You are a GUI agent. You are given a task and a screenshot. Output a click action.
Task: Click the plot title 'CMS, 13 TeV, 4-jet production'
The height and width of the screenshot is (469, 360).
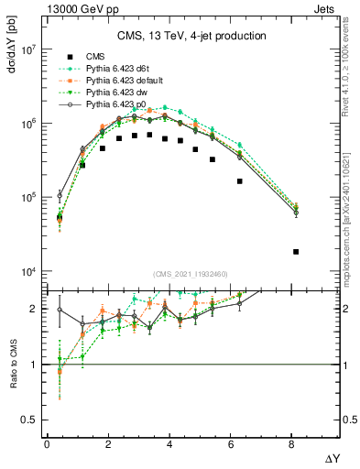tap(191, 36)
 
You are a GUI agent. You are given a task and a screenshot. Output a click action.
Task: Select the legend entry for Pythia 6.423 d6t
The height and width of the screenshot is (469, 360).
tap(118, 69)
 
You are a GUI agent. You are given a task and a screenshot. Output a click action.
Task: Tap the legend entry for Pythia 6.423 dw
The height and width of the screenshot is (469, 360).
tap(116, 93)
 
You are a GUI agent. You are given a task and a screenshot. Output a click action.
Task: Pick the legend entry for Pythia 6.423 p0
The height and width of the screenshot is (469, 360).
tap(116, 104)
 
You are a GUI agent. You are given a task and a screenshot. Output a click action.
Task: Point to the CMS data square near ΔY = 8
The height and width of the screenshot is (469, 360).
tap(296, 252)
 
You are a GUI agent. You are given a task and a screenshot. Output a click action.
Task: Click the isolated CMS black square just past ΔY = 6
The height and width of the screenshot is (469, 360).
tap(240, 181)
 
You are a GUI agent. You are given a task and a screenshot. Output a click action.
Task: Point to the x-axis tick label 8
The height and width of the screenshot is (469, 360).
tap(292, 444)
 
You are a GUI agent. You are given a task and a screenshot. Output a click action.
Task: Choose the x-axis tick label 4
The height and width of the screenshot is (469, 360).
tap(169, 444)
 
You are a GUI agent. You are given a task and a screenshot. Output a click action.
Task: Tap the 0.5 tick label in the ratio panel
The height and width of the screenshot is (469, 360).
tap(29, 420)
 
